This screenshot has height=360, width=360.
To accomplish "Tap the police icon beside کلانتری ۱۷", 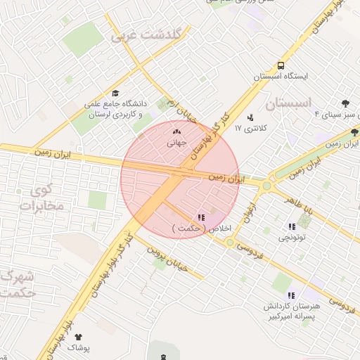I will [250, 117].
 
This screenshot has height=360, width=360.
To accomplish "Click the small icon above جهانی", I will [176, 131].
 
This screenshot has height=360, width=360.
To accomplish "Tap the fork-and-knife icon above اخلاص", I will [201, 217].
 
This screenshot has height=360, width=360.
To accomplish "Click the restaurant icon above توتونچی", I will [292, 226].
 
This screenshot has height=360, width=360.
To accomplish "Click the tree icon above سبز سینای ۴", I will [345, 103].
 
